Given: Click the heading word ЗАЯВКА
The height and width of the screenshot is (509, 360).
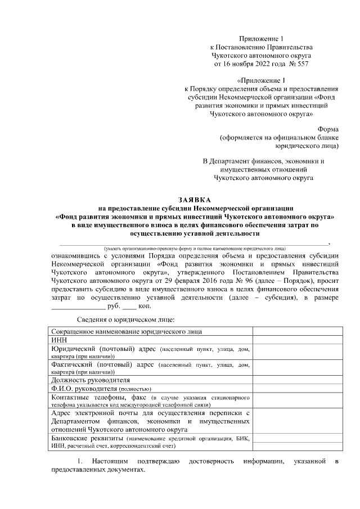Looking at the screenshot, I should tap(194, 200).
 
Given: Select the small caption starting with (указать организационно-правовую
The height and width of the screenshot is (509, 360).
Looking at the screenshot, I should tap(194, 248).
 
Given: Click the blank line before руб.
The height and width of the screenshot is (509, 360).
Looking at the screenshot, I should tap(78, 306).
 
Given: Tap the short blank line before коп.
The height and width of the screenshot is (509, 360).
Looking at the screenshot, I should tap(129, 306).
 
